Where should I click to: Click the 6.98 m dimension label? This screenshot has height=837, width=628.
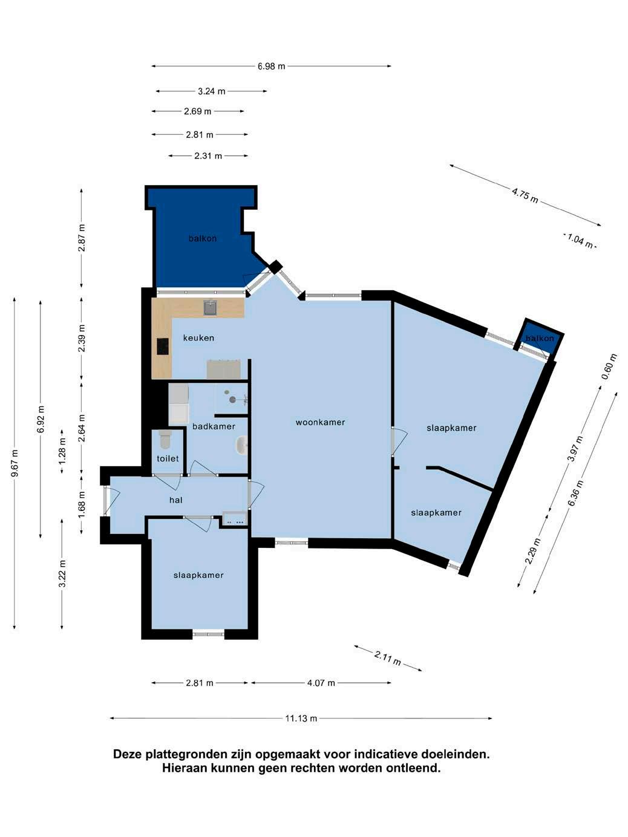tap(271, 67)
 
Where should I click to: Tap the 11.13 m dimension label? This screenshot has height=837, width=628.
tap(301, 718)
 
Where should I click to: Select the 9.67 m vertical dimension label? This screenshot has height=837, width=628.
tap(15, 463)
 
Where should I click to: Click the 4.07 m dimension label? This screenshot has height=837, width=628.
tap(321, 683)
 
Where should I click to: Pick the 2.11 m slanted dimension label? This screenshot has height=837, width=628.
tap(387, 658)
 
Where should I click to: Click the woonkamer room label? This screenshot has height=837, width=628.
tap(320, 422)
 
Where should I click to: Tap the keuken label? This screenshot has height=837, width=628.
tap(198, 338)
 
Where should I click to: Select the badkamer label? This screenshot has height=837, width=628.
tap(214, 426)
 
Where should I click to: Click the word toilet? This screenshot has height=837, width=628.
tap(168, 458)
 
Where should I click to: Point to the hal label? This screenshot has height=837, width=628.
tap(176, 500)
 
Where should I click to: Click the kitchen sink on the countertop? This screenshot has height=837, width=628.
tap(210, 307)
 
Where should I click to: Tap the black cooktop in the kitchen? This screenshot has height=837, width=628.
tap(163, 347)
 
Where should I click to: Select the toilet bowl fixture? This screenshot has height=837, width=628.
tap(165, 439)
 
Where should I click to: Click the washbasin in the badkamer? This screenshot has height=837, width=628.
tap(242, 445)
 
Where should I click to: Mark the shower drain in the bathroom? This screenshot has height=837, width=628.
tap(232, 399)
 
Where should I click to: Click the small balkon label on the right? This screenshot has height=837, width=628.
tap(540, 338)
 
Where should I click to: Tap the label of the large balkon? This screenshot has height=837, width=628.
tap(203, 239)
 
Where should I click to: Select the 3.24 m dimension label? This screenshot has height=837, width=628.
tap(211, 91)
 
